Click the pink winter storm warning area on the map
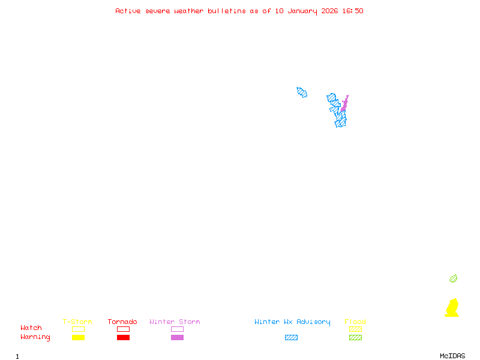[x=344, y=104]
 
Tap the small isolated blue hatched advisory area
[x=302, y=92]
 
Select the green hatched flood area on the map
[x=454, y=278]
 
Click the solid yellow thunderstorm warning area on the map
[x=452, y=308]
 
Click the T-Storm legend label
[x=77, y=322]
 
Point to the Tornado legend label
[x=122, y=322]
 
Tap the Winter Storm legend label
[x=175, y=322]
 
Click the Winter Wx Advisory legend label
[x=292, y=322]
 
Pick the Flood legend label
[x=355, y=322]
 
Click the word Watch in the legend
[x=31, y=328]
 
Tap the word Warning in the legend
[x=35, y=337]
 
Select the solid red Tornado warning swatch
[x=123, y=338]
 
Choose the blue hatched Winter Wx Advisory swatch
[x=291, y=338]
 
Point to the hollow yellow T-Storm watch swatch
[x=78, y=329]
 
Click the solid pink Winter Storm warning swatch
[x=177, y=338]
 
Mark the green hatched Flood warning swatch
[x=355, y=338]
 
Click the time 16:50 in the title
[x=352, y=11]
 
